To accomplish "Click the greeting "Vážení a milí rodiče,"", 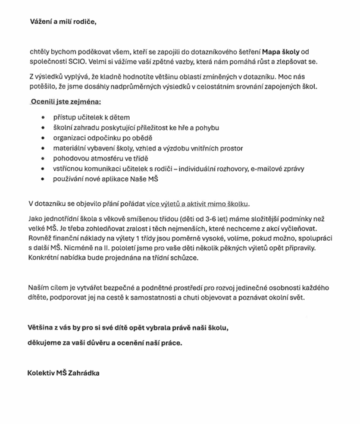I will [62, 23].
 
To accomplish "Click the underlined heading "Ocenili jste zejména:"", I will [65, 102].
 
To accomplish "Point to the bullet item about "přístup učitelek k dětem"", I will [91, 117].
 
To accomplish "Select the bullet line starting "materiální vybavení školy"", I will [148, 148].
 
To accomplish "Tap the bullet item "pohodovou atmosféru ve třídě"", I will [101, 158].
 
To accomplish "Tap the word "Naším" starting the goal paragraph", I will [40, 288].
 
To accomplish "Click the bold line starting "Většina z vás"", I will [128, 328].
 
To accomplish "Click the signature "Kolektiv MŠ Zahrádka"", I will [64, 373].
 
